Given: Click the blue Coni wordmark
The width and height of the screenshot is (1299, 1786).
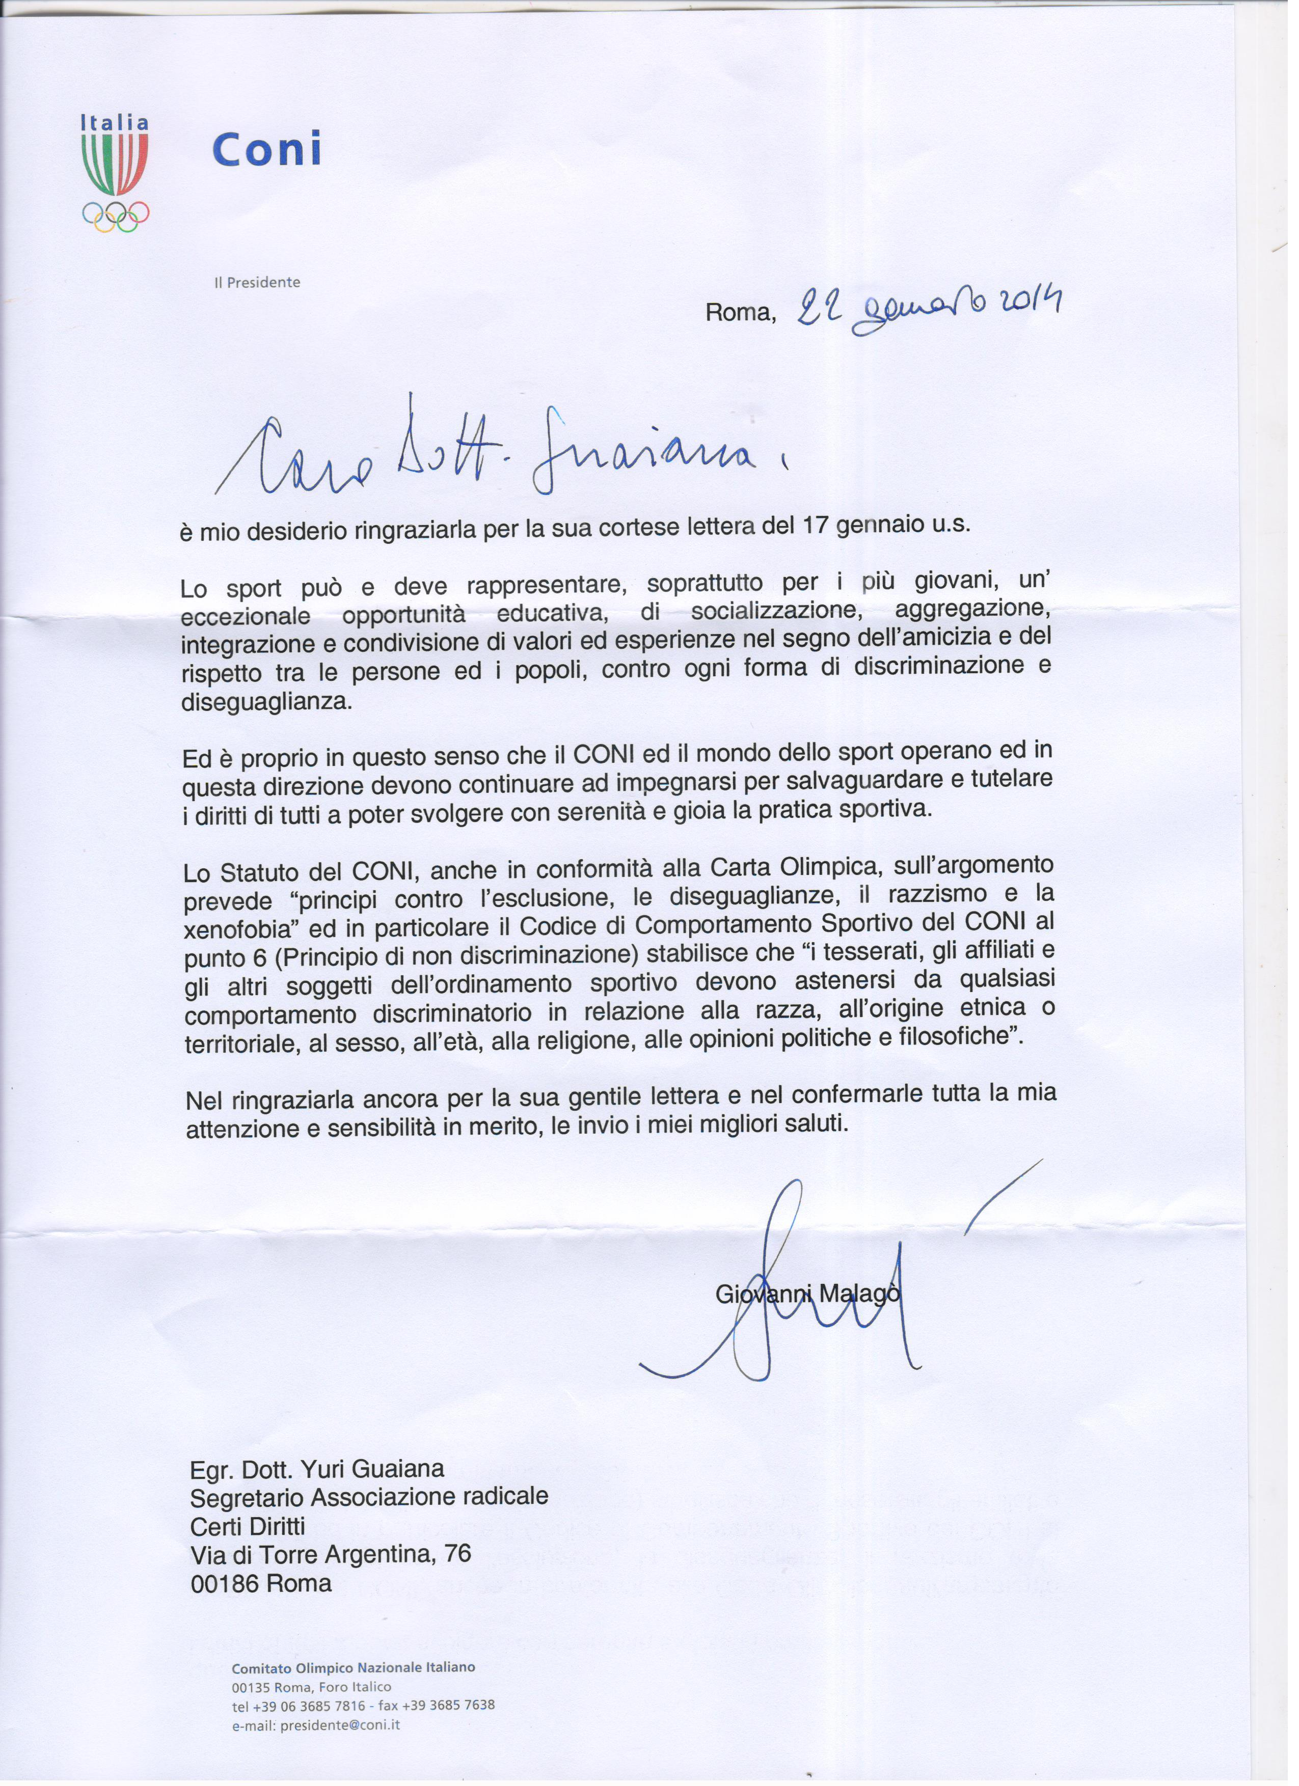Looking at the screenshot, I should click(x=268, y=149).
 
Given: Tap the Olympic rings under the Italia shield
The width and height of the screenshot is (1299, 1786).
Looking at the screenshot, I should click(x=116, y=216).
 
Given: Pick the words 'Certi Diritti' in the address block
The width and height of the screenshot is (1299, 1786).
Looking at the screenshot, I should click(x=248, y=1526).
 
